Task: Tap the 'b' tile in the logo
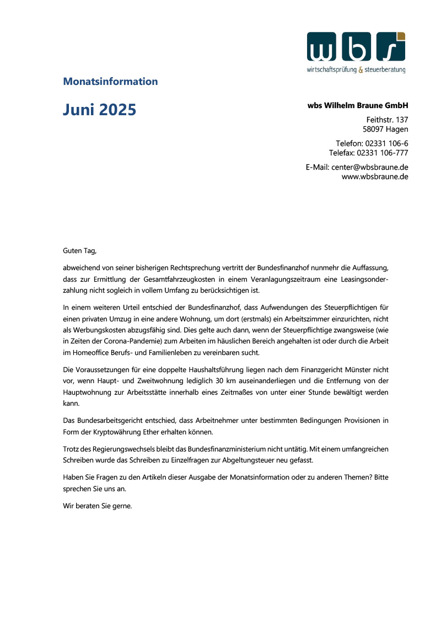click(356, 47)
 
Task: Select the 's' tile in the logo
click(390, 47)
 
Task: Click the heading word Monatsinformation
click(110, 82)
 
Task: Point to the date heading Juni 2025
click(99, 110)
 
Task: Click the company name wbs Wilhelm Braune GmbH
click(358, 105)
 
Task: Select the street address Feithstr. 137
click(387, 119)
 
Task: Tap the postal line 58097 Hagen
click(385, 130)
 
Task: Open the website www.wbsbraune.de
click(375, 176)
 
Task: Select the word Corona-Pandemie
click(125, 342)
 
